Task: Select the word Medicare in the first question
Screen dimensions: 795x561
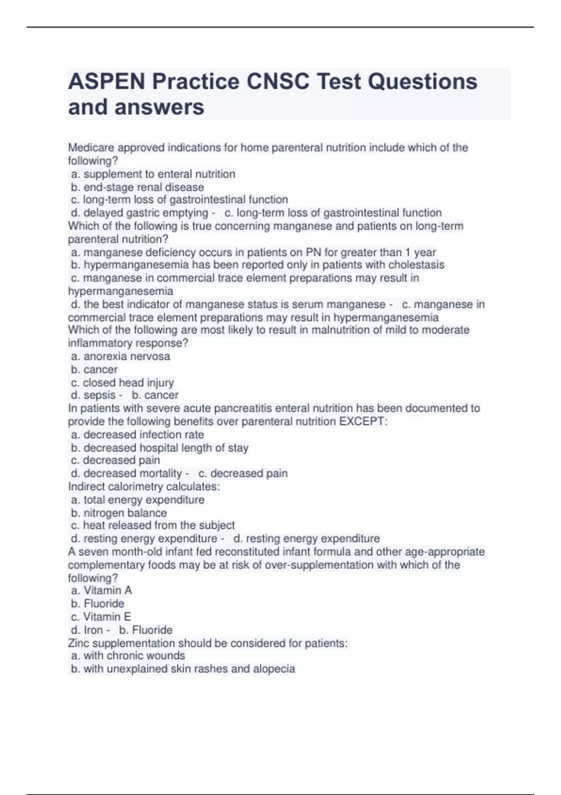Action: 91,148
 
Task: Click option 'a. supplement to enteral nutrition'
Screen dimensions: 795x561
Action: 153,174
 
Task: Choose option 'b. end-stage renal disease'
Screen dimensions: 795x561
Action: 137,187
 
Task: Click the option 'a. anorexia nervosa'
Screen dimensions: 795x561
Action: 121,356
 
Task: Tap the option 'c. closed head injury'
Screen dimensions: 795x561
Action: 122,383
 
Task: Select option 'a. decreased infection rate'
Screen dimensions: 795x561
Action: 137,434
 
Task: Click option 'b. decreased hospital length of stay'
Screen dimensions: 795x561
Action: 159,448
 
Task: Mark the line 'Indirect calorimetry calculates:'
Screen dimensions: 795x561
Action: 144,486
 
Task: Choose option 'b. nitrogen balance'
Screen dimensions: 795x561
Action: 119,513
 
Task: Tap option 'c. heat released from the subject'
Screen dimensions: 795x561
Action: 153,525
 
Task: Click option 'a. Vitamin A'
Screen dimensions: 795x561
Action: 101,590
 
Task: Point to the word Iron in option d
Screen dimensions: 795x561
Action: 93,630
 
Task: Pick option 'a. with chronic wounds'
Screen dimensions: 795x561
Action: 128,656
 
